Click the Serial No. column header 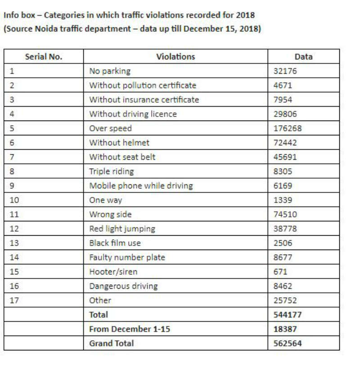point(44,57)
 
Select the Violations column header point(175,57)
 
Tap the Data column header point(303,57)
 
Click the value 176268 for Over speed point(288,128)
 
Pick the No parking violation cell point(110,71)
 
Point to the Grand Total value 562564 point(288,343)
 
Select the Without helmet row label point(119,143)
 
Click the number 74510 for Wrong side point(285,214)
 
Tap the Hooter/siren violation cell point(113,272)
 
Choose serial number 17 point(14,300)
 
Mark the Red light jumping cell point(122,228)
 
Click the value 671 point(280,272)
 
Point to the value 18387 point(285,329)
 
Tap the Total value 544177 point(288,314)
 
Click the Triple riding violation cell point(111,171)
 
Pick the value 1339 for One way point(283,200)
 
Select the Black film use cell point(115,243)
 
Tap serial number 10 point(14,200)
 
